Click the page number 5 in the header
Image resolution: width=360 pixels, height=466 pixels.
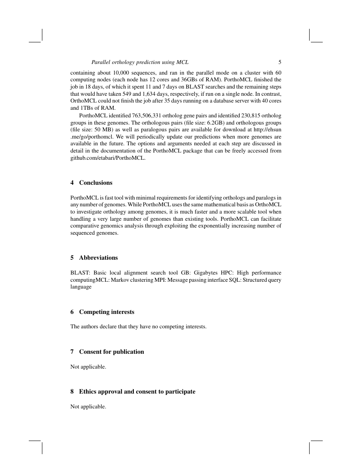[280, 62]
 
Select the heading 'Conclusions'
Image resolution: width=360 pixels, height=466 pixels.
[96, 183]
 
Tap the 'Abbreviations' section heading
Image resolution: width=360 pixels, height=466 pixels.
[98, 258]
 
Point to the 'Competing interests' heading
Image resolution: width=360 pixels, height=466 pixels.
[106, 312]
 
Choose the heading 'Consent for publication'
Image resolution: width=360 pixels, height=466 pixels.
[111, 352]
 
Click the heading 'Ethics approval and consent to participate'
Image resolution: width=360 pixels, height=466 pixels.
[137, 391]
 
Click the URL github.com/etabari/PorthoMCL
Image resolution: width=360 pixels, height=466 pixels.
[108, 158]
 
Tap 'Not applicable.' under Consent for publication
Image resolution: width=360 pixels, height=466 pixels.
[88, 367]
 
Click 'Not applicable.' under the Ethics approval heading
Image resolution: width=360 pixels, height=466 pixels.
[88, 407]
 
